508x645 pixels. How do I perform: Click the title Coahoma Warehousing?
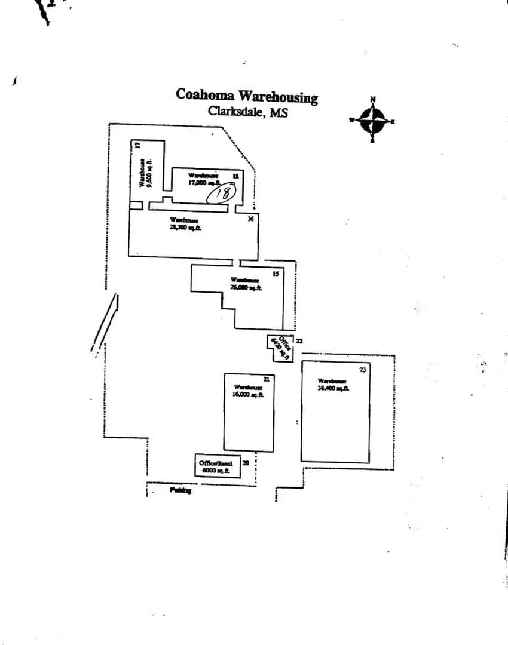click(x=246, y=96)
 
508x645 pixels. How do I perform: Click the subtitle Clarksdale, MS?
click(x=247, y=111)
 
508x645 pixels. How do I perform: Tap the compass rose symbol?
click(x=372, y=120)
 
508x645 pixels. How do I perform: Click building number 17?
click(x=137, y=145)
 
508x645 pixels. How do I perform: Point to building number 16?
click(x=251, y=219)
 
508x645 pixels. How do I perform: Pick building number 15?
click(x=276, y=274)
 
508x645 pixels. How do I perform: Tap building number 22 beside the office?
click(x=299, y=341)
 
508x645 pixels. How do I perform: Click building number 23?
click(x=362, y=370)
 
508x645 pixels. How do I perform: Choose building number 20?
click(x=246, y=463)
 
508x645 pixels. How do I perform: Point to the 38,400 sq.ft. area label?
click(x=333, y=388)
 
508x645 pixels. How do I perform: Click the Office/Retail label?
click(x=215, y=463)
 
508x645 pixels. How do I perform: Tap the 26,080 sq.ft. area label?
click(x=246, y=287)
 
